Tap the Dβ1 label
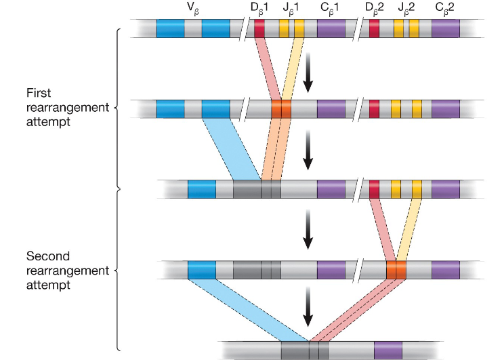tap(259, 9)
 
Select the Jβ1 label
tap(292, 9)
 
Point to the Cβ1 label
tap(331, 9)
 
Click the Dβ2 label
tap(375, 9)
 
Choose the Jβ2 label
tap(406, 9)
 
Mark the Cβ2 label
tap(446, 9)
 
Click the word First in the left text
tap(38, 93)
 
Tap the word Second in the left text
tap(45, 256)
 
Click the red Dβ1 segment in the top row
tap(259, 28)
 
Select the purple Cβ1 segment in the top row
tap(331, 28)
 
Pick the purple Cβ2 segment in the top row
tap(446, 28)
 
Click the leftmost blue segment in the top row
tap(170, 28)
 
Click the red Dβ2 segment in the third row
tap(374, 189)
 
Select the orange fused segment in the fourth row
tap(396, 270)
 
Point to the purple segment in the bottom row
tap(388, 350)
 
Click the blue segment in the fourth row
tap(202, 270)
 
